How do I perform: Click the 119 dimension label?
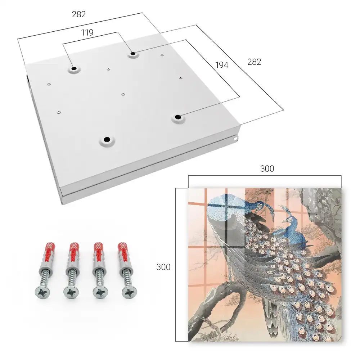point(87,33)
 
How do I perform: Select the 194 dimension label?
point(222,65)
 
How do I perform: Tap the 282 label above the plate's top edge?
point(79,14)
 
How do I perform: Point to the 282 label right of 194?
point(254,62)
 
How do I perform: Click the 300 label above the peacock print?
point(267,168)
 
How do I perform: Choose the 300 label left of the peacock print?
point(163,267)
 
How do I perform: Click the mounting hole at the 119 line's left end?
point(74,69)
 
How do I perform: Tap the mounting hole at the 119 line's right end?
point(133,54)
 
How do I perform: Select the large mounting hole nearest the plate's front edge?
point(107,140)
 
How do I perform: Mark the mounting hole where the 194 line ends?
point(177,117)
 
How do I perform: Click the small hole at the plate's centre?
point(123,94)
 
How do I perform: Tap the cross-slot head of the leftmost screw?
point(42,292)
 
